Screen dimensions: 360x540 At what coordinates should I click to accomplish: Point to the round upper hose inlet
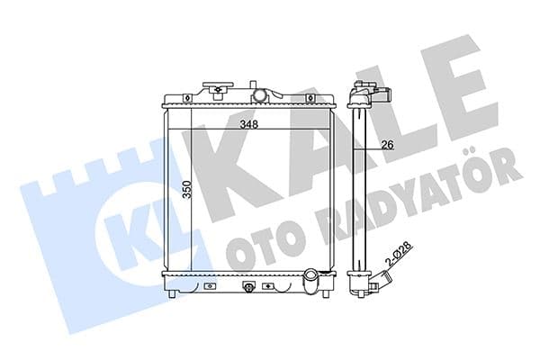[259, 94]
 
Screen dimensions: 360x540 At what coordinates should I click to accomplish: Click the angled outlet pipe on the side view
[379, 286]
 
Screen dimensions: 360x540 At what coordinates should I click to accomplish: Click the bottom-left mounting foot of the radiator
[171, 292]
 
